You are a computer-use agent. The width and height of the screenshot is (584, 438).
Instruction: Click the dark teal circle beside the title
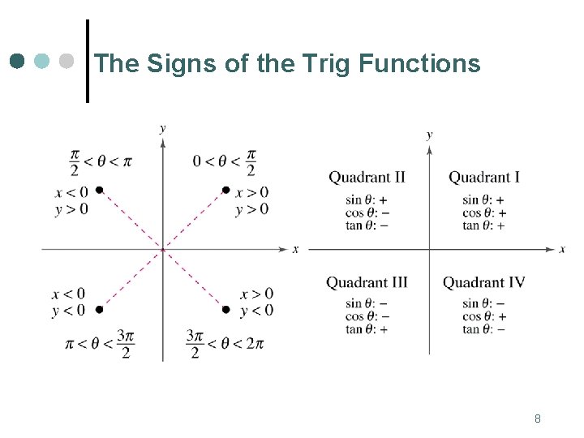click(x=19, y=62)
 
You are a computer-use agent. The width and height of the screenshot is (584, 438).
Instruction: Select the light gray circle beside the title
click(x=67, y=62)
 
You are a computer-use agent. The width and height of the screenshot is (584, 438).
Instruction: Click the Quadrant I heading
click(x=484, y=177)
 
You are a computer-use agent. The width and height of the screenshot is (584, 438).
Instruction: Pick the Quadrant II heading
click(x=367, y=177)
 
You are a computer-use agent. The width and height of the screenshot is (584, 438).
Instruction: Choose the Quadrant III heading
click(x=367, y=282)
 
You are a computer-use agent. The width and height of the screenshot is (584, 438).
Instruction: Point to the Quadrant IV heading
click(x=483, y=282)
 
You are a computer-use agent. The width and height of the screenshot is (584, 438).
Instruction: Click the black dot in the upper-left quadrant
click(x=99, y=190)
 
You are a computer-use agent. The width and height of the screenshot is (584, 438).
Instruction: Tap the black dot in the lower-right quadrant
click(x=225, y=309)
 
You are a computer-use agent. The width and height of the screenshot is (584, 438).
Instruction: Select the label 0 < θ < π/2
click(x=225, y=161)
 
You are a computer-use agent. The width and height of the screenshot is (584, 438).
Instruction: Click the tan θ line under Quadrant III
click(x=367, y=329)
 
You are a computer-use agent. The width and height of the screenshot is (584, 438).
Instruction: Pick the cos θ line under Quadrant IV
click(x=483, y=316)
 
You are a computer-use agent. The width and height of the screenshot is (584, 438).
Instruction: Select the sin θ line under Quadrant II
click(x=367, y=200)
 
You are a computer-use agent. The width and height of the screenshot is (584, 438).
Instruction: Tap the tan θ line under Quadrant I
click(x=483, y=225)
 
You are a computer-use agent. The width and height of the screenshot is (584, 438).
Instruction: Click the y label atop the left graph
click(x=163, y=127)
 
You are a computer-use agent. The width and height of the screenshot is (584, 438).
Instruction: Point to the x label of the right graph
click(x=562, y=249)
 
